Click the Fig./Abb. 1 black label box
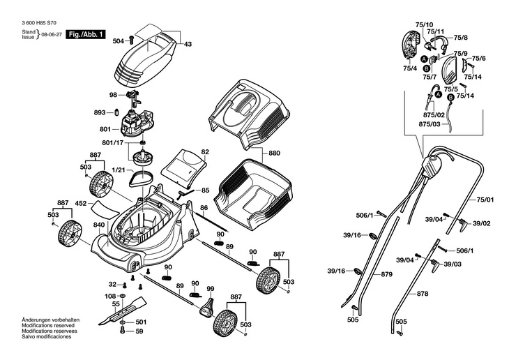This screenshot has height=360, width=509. click(x=86, y=34)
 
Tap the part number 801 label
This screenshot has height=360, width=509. click(x=105, y=129)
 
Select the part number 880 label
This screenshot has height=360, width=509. click(x=274, y=153)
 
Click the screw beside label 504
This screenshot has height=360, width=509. click(x=131, y=40)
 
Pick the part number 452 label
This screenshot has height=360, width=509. click(x=80, y=204)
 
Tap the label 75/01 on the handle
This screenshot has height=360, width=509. click(x=485, y=200)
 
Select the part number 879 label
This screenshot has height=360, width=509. click(x=386, y=275)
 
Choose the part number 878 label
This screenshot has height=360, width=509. click(x=423, y=294)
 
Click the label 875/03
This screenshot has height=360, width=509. click(x=430, y=124)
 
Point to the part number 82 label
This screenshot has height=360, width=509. click(x=205, y=152)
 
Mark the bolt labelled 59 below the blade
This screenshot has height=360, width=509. click(x=122, y=330)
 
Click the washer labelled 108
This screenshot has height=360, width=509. click(x=123, y=297)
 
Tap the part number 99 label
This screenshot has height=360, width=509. click(x=211, y=289)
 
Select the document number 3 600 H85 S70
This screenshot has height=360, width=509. click(x=39, y=23)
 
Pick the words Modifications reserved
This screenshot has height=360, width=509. click(x=48, y=325)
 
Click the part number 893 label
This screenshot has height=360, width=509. click(x=100, y=112)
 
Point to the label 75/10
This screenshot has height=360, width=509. click(x=424, y=24)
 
